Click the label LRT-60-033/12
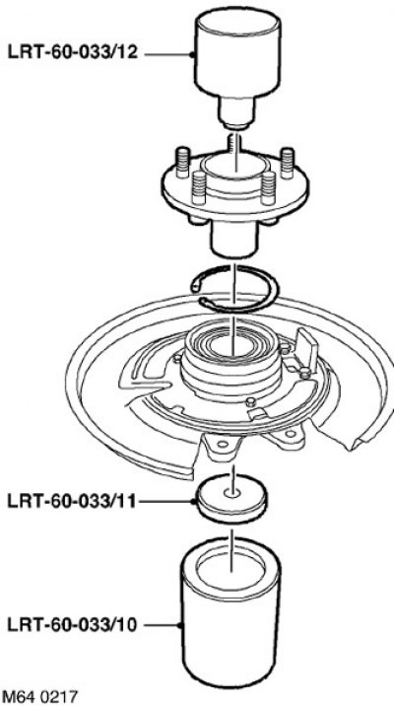coord(72,52)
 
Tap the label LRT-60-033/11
coord(71,501)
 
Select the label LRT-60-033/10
coord(72,625)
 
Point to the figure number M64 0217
coord(39,696)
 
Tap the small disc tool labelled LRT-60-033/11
coord(232,498)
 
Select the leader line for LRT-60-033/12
coord(168,55)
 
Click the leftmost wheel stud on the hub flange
coord(182,163)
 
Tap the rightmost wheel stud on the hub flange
coord(288,163)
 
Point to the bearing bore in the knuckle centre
coord(231,346)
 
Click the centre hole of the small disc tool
coord(232,493)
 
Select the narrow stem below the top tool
coord(236,112)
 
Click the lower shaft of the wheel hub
coord(233,240)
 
